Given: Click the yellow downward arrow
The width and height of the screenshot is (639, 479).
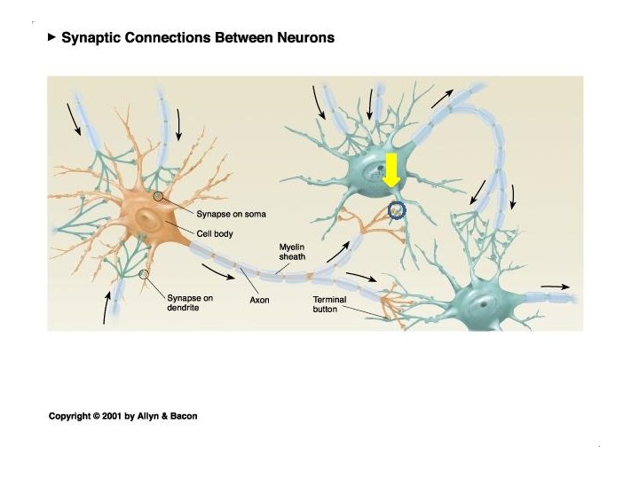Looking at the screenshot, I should tap(392, 171).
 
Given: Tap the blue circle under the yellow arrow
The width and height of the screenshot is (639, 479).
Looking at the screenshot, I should tap(397, 210).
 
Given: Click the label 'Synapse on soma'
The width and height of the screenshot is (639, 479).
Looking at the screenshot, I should tap(231, 214).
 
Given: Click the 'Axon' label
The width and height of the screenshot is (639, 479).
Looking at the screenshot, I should tap(259, 300).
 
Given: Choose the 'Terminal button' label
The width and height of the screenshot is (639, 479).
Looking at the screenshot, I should tap(331, 304).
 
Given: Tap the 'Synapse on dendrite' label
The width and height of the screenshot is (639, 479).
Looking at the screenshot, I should tap(190, 303).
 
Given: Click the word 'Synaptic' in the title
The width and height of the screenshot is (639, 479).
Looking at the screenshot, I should tap(90, 39).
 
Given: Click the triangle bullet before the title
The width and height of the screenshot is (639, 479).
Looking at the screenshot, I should tap(51, 38).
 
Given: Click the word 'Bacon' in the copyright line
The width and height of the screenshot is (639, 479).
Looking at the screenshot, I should tap(182, 416).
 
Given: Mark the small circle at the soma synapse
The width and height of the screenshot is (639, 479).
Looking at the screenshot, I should tap(158, 196).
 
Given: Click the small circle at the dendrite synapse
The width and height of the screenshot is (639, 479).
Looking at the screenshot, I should tap(144, 274).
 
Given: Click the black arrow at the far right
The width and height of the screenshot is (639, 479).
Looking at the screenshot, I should tap(556, 287).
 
